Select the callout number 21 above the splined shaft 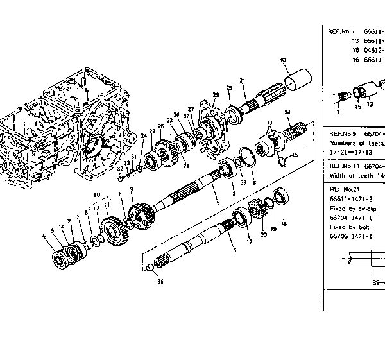(x=243, y=80)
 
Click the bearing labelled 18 (x=280, y=196)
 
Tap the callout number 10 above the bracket (x=96, y=194)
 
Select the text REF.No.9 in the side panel (x=343, y=134)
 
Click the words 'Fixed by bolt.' (x=346, y=227)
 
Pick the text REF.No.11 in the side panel (x=344, y=165)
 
